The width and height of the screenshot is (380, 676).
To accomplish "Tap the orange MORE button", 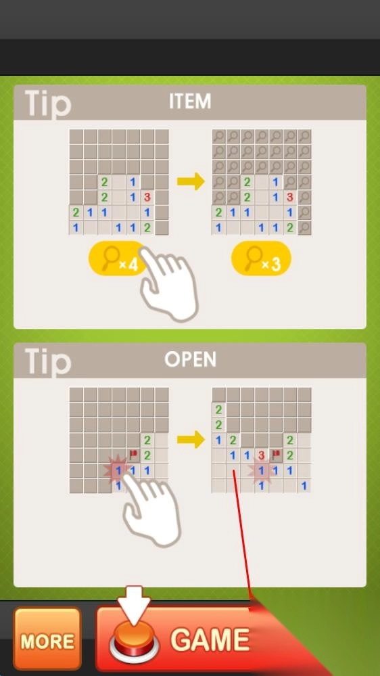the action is [x=47, y=639].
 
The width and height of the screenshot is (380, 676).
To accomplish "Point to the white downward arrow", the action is [x=134, y=604].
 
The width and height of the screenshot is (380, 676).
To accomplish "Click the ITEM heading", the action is [x=190, y=102].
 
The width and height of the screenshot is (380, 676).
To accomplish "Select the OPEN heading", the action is [x=190, y=360].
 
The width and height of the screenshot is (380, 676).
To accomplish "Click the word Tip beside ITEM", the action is [x=47, y=104].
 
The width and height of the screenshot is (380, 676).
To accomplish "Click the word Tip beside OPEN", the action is [x=47, y=362].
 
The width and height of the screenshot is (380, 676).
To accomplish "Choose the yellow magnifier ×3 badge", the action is [x=261, y=258].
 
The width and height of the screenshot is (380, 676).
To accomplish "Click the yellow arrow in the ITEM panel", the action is [x=191, y=181].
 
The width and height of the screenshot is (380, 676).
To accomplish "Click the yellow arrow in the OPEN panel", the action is [x=191, y=440].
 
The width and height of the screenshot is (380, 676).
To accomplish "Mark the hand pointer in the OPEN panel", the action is [x=151, y=508].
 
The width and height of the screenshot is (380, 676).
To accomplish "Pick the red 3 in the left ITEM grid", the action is [x=147, y=197].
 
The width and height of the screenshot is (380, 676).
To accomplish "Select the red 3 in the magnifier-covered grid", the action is [x=290, y=197].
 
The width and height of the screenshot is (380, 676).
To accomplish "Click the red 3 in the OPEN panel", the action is [x=261, y=455].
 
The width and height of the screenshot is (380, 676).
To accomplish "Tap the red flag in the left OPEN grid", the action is [x=133, y=453].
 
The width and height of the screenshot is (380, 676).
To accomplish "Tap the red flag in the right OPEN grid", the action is [x=276, y=453].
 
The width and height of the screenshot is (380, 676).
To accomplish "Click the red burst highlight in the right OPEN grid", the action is [x=262, y=470].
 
